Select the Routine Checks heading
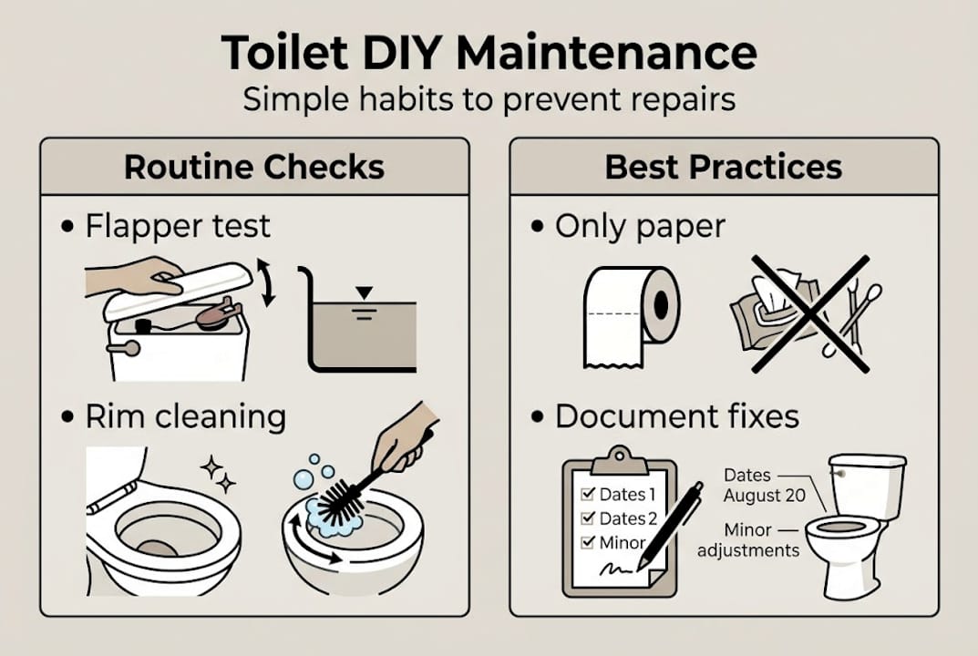click(254, 167)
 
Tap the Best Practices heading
click(724, 167)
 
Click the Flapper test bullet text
click(178, 226)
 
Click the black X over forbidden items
click(810, 313)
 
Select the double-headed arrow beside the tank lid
click(266, 282)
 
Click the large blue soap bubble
click(304, 479)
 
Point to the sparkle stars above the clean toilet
click(218, 473)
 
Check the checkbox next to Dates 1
click(587, 495)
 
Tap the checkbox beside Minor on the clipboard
click(587, 542)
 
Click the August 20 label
click(765, 497)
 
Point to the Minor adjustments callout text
click(748, 540)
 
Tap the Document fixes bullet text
click(677, 416)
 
